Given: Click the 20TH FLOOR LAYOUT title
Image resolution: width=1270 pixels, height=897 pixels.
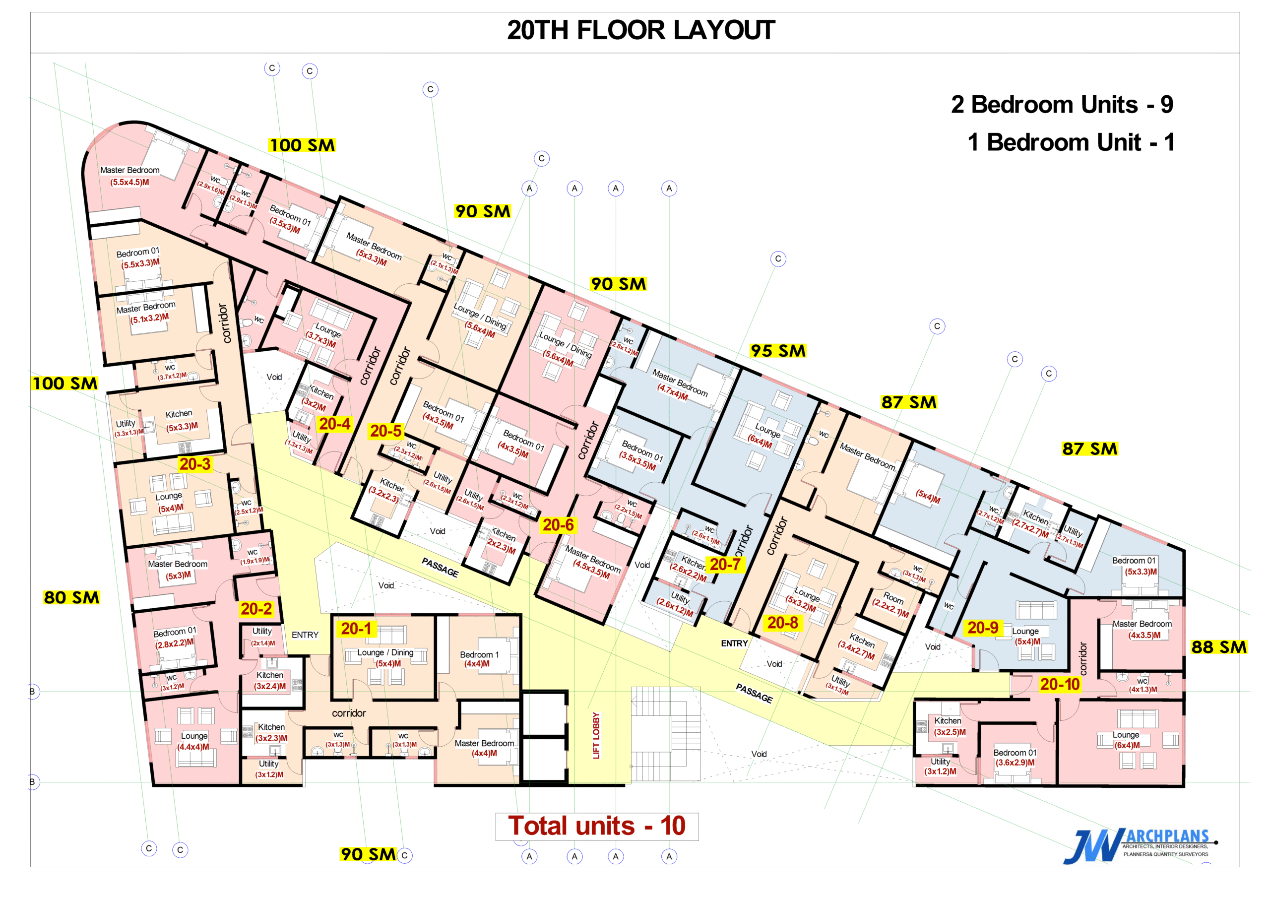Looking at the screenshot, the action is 640,30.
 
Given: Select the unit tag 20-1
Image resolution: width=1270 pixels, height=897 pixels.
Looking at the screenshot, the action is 357,629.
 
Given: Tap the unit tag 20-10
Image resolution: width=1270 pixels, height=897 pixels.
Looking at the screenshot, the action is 1059,684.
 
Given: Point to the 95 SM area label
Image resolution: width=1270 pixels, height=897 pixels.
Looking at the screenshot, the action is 778,351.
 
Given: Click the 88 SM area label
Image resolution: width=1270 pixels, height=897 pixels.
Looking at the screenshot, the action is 1218,647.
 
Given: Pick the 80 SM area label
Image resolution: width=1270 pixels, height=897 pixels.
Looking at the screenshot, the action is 72,597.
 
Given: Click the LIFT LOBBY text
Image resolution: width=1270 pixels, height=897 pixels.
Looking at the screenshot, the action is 596,736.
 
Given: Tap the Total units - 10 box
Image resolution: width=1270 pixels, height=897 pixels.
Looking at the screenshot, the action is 597,826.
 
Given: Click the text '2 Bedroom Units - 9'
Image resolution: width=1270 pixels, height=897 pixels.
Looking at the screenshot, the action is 1062,105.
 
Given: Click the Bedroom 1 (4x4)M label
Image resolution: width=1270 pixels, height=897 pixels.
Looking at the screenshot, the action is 479,659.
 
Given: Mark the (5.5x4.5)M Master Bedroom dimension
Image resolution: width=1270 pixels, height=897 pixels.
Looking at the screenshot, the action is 129,182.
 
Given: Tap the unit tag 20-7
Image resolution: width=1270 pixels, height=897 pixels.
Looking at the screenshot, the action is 725,564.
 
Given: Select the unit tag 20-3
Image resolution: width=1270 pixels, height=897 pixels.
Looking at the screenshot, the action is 194,464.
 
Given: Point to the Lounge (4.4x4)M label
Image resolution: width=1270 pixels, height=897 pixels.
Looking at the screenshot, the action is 193,741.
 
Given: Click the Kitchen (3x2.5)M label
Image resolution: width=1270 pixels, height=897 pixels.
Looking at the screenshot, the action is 949,726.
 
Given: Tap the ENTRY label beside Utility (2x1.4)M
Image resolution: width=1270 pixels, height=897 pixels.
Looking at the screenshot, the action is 305,635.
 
